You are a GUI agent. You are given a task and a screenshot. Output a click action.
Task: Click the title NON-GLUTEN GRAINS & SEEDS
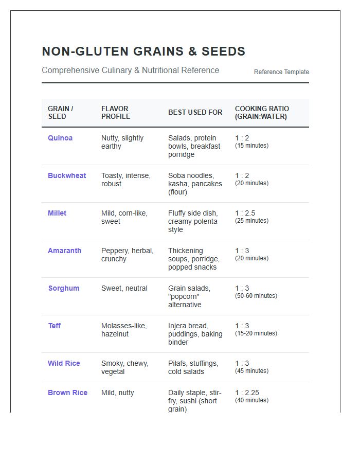[x=143, y=51]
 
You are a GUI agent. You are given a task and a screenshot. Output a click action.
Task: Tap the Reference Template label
[x=281, y=72]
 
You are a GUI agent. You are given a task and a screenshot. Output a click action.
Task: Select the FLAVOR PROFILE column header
[x=116, y=112]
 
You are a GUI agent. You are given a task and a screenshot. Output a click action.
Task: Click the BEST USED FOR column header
[x=195, y=112]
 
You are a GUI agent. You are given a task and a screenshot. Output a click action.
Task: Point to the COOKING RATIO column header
[x=262, y=112]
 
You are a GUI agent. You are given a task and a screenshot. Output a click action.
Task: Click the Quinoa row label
[x=60, y=138]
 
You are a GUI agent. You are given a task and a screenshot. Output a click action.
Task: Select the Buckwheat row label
[x=67, y=175]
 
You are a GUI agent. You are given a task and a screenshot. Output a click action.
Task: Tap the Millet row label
[x=57, y=213]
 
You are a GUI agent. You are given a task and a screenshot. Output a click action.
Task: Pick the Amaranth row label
[x=64, y=251]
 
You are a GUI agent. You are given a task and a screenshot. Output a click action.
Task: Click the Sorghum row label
[x=64, y=288]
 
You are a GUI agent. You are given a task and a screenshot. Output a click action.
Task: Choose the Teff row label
[x=54, y=326]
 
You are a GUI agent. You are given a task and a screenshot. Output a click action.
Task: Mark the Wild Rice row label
[x=64, y=363]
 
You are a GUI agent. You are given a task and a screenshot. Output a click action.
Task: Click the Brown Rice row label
[x=67, y=393]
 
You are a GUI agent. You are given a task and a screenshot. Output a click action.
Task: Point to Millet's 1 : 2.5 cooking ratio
[x=245, y=213]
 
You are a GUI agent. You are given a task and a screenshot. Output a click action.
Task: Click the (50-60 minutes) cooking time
[x=256, y=296]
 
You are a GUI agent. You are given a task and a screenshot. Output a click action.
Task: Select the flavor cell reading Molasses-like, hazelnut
[x=124, y=330]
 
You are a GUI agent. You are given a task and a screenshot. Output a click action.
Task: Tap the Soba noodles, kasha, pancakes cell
[x=195, y=184]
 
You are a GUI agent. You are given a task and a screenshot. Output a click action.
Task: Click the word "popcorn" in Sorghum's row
[x=184, y=296]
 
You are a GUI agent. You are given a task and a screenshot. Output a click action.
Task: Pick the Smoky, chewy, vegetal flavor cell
[x=125, y=367]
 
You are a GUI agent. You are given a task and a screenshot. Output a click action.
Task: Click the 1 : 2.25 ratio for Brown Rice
[x=247, y=393]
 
